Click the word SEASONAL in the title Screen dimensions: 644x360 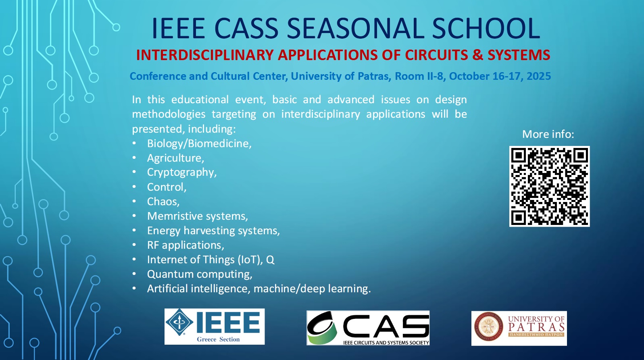[355, 28]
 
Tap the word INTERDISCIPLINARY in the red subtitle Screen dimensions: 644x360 [205, 55]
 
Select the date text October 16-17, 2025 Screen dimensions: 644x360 [500, 76]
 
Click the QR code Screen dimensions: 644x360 [549, 186]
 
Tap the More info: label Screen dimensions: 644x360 [548, 134]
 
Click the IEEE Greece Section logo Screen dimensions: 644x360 [215, 327]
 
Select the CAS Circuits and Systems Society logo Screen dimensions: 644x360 [368, 328]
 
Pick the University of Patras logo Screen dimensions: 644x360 [519, 328]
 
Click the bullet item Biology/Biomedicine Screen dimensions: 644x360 [199, 144]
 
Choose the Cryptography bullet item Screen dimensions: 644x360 [182, 173]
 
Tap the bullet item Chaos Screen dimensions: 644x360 [163, 202]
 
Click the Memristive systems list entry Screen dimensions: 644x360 [198, 216]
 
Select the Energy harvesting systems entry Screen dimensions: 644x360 [213, 231]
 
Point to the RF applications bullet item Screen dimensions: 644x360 [185, 245]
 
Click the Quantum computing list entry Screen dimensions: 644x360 [200, 274]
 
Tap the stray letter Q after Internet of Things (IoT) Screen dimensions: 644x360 [270, 260]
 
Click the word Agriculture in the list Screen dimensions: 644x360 [175, 158]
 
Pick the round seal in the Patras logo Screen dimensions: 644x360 [489, 327]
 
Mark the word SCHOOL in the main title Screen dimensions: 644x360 [486, 28]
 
